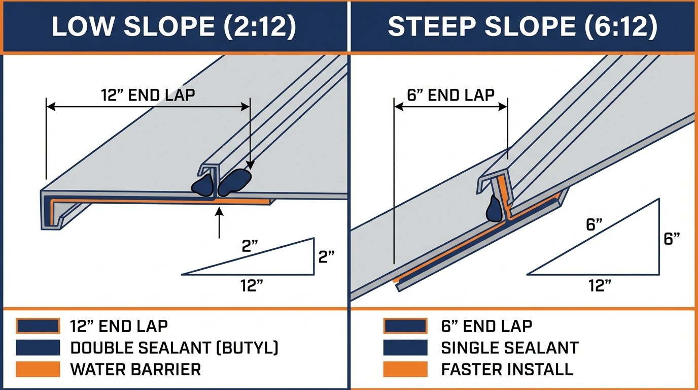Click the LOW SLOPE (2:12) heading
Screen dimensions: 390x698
[x=173, y=27]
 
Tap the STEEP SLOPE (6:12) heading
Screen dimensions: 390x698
[x=522, y=27]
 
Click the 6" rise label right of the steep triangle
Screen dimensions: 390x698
[x=672, y=239]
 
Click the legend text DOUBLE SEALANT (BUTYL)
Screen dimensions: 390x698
[x=174, y=348]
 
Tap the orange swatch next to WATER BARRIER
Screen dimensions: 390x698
[x=38, y=369]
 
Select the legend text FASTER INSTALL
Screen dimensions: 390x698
[x=507, y=369]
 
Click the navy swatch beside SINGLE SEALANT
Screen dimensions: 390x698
[x=404, y=348]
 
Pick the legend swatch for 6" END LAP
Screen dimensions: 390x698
[x=404, y=326]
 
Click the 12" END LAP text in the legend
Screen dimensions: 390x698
[x=119, y=326]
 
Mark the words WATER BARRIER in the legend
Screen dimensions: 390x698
[x=135, y=369]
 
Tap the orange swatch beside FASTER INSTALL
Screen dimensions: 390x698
[x=404, y=369]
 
